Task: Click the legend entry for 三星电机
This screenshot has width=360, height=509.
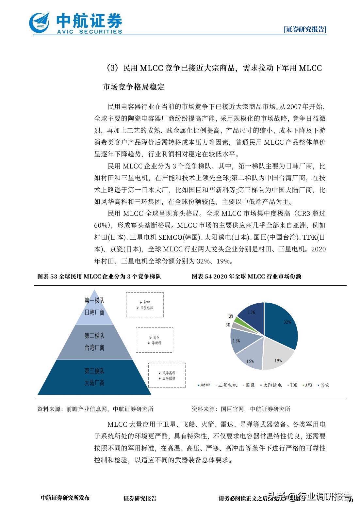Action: (227, 385)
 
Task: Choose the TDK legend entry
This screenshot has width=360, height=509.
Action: (293, 385)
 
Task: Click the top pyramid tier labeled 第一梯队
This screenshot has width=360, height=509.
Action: (94, 307)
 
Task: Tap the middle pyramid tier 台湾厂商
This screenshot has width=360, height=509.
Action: (94, 342)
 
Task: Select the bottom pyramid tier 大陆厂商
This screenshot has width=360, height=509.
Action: (94, 377)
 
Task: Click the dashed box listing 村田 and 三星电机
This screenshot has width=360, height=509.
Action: (145, 305)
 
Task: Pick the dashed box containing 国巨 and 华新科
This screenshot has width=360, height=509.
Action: (155, 340)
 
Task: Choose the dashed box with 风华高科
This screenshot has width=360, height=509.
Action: (167, 375)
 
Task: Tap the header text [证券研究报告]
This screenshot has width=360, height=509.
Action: (305, 29)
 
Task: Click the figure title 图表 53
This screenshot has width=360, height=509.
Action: (99, 277)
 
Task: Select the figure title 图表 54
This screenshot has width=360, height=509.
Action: (246, 277)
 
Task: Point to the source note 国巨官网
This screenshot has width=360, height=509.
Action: (241, 409)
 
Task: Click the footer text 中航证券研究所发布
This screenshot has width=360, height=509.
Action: (65, 498)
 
